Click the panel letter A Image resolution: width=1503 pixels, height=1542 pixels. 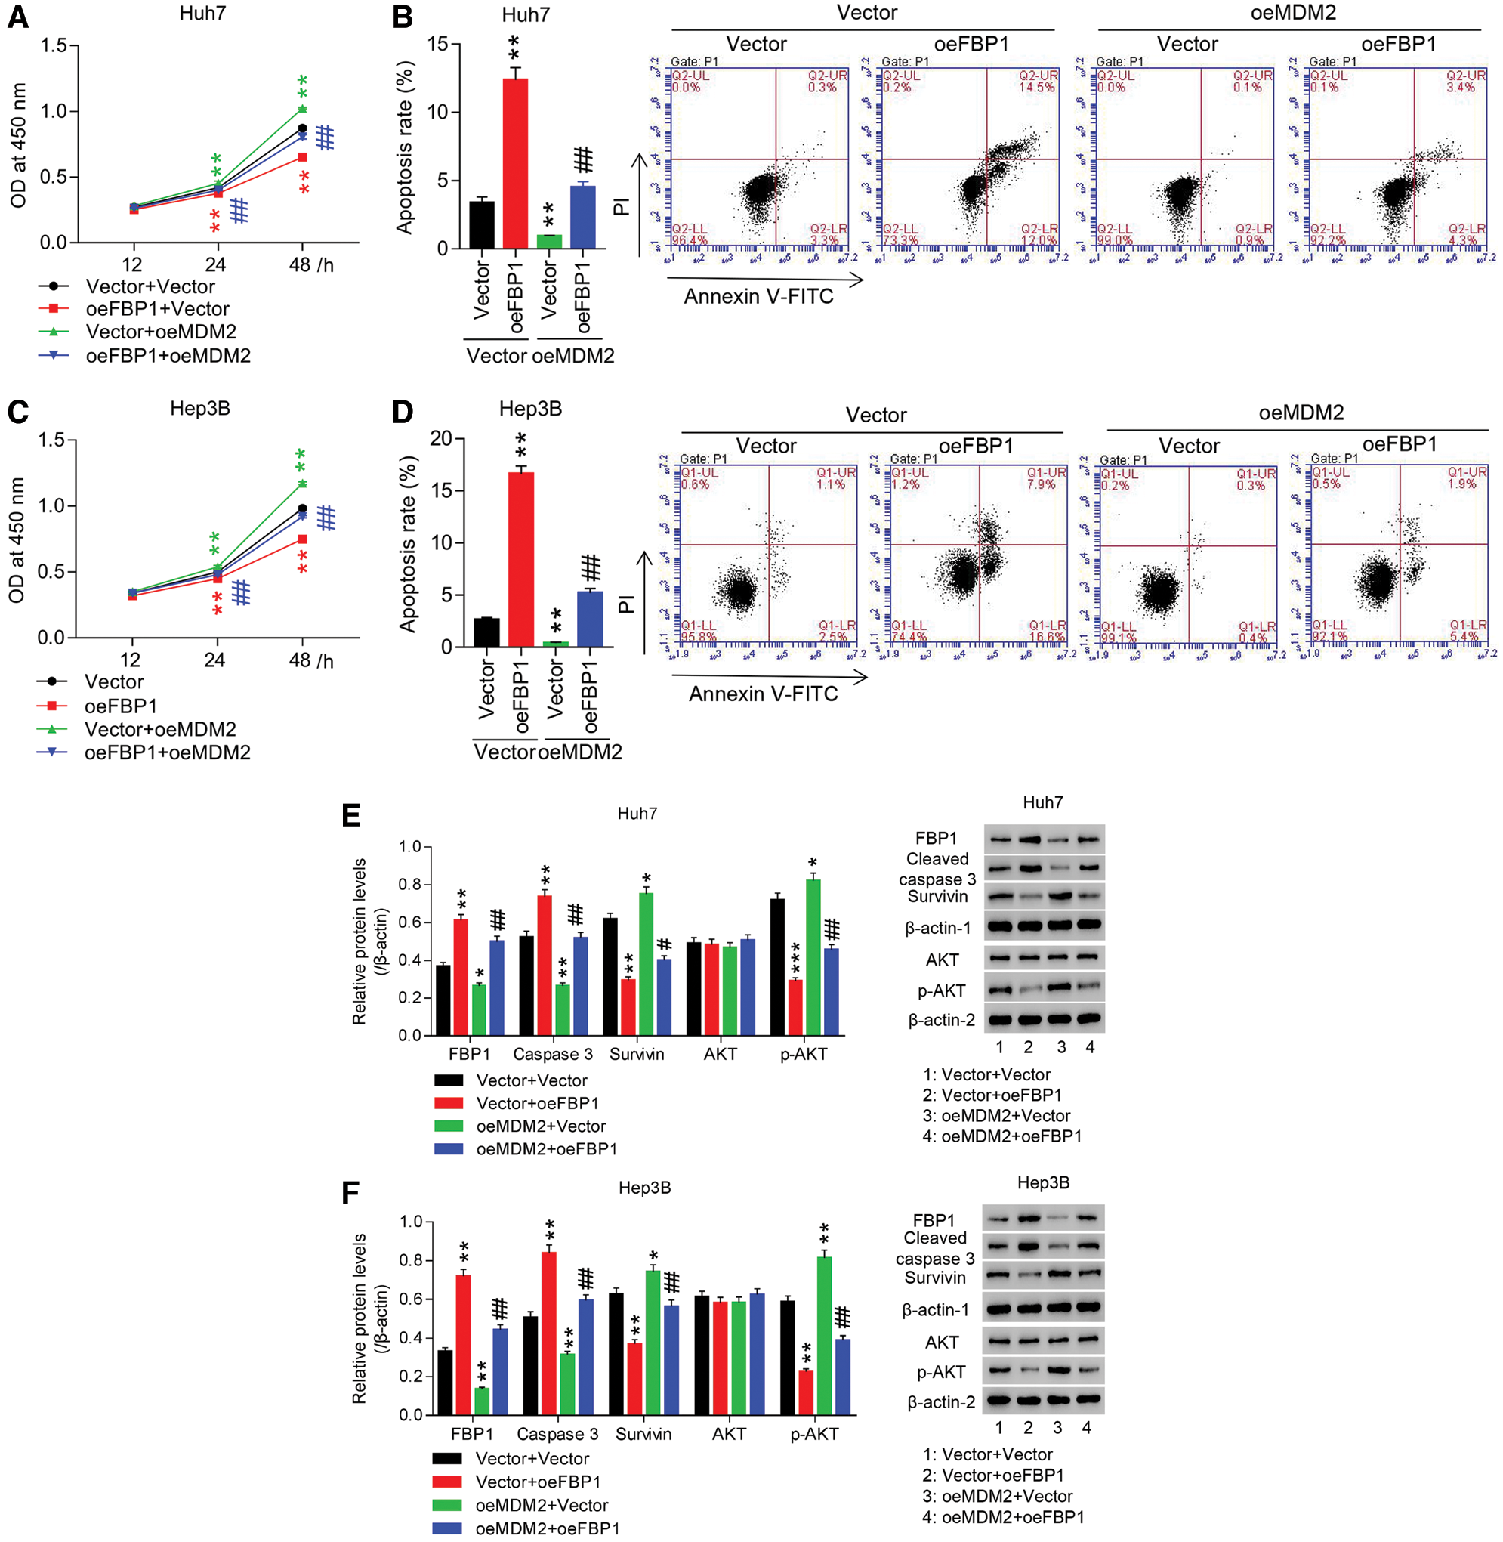[x=17, y=17]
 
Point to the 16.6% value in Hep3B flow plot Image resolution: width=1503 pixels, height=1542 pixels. [x=1048, y=636]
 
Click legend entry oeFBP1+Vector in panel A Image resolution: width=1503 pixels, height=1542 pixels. [x=157, y=309]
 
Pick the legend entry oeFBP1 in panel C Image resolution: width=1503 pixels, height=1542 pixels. [x=120, y=705]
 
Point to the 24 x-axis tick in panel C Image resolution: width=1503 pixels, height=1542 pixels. [x=214, y=660]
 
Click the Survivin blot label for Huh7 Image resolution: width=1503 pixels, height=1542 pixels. [x=937, y=896]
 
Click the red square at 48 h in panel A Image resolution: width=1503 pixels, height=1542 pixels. [x=302, y=157]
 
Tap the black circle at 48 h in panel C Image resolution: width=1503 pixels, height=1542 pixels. [x=302, y=508]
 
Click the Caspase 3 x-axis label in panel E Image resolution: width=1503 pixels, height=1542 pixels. [x=553, y=1054]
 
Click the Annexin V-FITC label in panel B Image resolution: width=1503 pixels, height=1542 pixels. [x=758, y=297]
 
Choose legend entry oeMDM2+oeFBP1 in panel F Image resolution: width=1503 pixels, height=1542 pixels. [x=547, y=1528]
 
